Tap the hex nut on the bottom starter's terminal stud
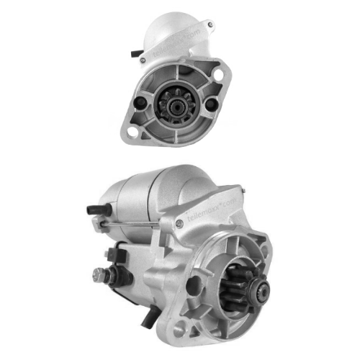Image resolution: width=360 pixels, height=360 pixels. [99, 274]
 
